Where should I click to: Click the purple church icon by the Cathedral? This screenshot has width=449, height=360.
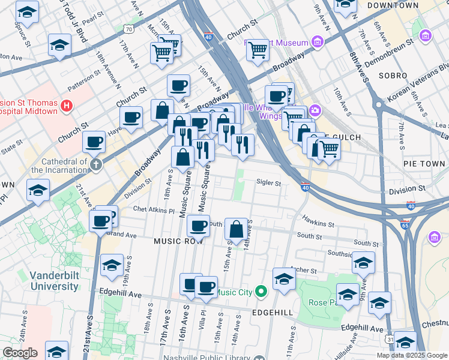point(95,163)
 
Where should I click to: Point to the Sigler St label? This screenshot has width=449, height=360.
point(269,182)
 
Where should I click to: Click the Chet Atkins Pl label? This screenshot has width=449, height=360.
point(153,211)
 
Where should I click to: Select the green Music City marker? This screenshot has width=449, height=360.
point(261,292)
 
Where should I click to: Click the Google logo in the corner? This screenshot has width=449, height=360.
point(19,353)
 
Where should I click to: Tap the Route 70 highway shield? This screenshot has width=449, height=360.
point(128,28)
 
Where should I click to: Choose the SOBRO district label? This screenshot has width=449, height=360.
point(393,76)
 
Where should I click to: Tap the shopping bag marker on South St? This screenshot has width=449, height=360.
point(237,229)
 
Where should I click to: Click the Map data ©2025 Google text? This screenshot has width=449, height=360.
point(411,355)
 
